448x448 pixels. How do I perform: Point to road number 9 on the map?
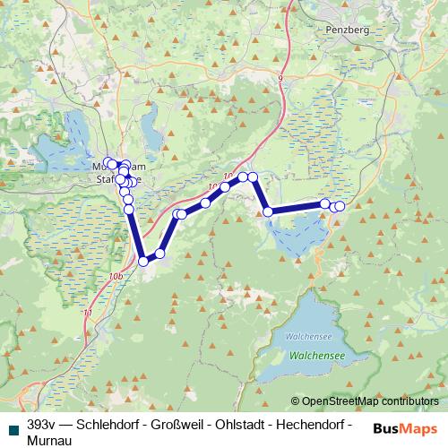pos(280,79)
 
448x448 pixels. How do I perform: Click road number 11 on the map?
pos(87,313)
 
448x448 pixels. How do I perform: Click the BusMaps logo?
pos(404,427)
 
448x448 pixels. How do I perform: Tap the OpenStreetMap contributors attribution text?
pos(371,401)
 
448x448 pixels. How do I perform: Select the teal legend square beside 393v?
pos(12,423)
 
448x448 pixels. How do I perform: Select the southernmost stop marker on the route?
pos(143,262)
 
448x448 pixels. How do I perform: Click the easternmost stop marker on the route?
pos(340,206)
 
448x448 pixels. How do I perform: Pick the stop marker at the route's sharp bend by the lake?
pos(267,211)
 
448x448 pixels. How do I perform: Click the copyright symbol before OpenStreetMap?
pos(296,401)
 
